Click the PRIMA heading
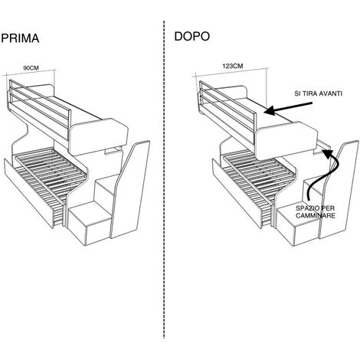click(20, 38)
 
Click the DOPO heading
click(192, 36)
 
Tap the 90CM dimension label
click(31, 68)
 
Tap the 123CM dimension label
click(233, 66)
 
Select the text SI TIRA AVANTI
click(318, 93)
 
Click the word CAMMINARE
click(316, 215)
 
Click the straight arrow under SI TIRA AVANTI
click(288, 108)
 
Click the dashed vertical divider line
click(164, 179)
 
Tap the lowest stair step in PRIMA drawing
click(90, 223)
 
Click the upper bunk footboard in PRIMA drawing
click(99, 136)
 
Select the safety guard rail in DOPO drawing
click(227, 106)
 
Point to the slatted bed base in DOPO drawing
click(258, 176)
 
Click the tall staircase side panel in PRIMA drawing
click(130, 189)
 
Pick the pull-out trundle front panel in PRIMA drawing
click(29, 192)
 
